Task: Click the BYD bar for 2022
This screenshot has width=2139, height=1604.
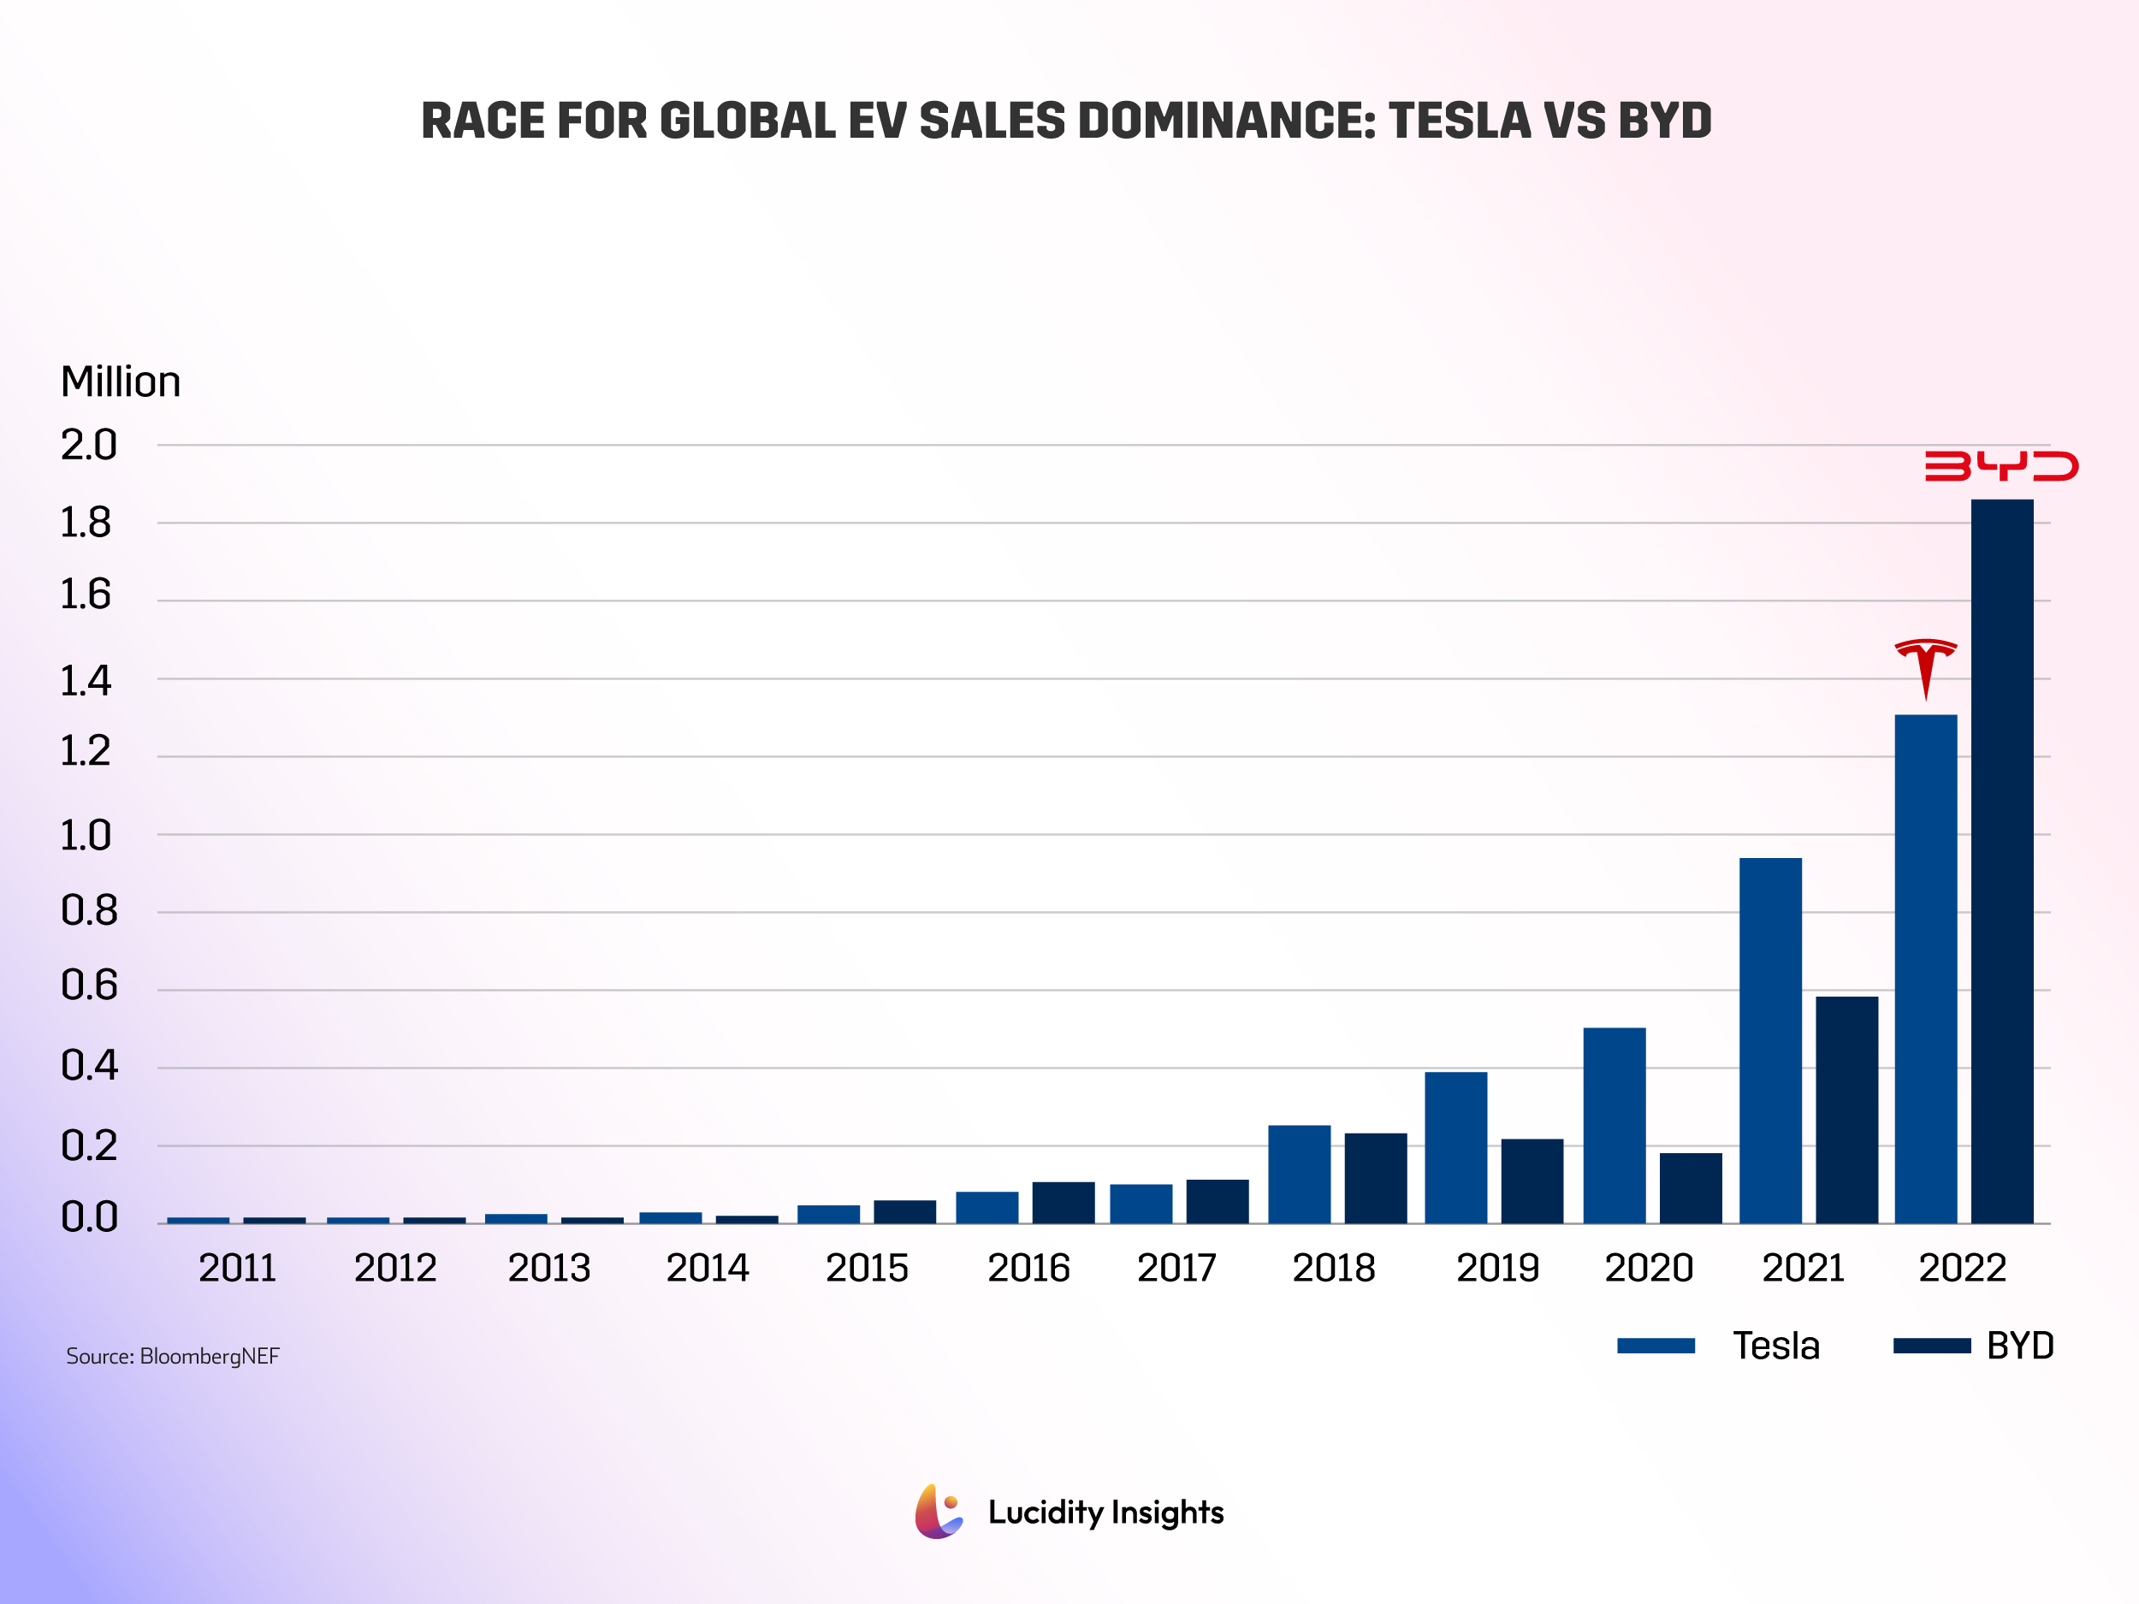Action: click(2002, 861)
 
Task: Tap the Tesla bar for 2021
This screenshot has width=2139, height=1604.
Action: click(1769, 1040)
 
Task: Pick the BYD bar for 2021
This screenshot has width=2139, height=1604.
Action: click(1846, 1110)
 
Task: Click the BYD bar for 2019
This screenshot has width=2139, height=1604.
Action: click(1532, 1181)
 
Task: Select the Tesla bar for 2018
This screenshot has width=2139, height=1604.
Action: click(1299, 1174)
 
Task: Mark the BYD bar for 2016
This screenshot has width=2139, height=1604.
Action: click(1063, 1202)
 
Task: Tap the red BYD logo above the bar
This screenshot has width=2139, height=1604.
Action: click(2000, 465)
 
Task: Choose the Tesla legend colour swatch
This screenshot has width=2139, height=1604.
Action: click(1656, 1346)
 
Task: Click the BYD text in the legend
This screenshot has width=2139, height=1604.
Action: click(2019, 1346)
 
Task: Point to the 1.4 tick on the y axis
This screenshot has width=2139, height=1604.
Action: click(86, 682)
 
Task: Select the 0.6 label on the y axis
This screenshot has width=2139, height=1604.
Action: click(88, 985)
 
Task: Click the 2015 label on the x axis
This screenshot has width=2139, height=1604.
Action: click(867, 1268)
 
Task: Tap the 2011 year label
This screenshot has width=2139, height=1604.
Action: click(237, 1268)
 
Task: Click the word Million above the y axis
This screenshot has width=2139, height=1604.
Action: click(121, 382)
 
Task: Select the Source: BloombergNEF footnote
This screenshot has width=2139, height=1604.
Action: click(172, 1356)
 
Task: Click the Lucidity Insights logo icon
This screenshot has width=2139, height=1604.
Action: click(938, 1512)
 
